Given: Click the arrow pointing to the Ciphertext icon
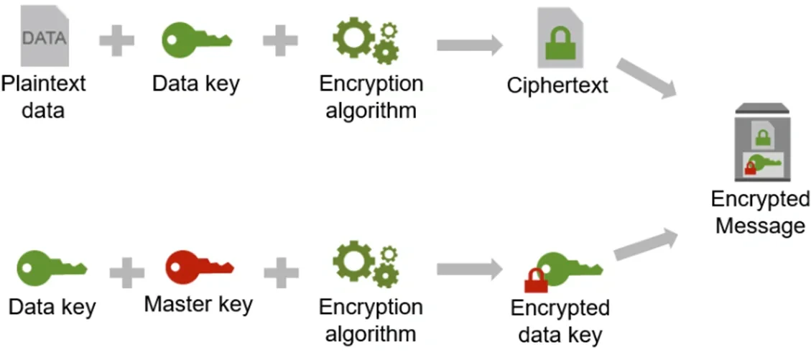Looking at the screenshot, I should (x=468, y=45).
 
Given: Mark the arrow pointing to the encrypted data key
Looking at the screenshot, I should (x=468, y=270).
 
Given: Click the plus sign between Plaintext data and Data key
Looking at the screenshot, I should (x=116, y=41).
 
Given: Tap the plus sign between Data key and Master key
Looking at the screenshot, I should (x=126, y=271).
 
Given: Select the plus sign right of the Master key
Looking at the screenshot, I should (x=282, y=271).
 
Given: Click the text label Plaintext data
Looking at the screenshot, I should (x=43, y=97).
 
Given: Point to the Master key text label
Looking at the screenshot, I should (x=198, y=304).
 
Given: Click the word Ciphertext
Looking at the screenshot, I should (x=557, y=86).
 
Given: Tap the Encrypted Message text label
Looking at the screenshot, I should (x=760, y=213).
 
